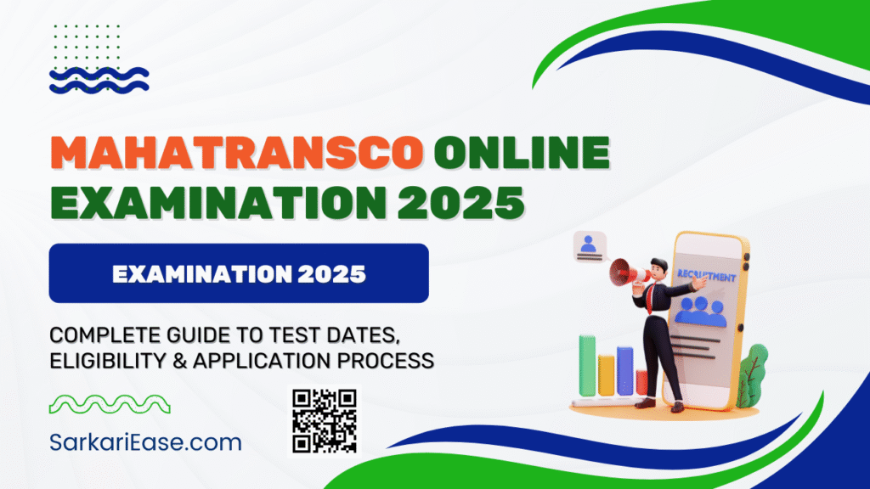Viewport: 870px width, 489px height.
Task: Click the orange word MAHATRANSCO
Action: pyautogui.click(x=238, y=153)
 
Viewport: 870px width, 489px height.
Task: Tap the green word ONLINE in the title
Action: pyautogui.click(x=523, y=153)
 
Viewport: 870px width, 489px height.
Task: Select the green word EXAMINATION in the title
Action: pyautogui.click(x=218, y=202)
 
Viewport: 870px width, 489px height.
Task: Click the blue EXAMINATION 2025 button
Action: pyautogui.click(x=239, y=273)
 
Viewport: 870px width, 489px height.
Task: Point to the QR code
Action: pyautogui.click(x=325, y=421)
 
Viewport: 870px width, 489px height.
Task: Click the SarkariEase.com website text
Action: pyautogui.click(x=145, y=442)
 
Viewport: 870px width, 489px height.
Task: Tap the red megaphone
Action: pyautogui.click(x=627, y=273)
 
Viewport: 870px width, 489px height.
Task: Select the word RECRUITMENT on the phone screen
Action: pyautogui.click(x=706, y=276)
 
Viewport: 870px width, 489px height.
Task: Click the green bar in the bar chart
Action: pyautogui.click(x=587, y=365)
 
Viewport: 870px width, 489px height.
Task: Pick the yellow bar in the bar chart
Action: pyautogui.click(x=606, y=375)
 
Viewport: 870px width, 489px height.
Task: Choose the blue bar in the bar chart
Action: pyautogui.click(x=624, y=371)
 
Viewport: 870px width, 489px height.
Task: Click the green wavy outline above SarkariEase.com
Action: pyautogui.click(x=110, y=404)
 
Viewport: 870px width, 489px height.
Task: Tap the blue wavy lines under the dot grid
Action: pyautogui.click(x=99, y=81)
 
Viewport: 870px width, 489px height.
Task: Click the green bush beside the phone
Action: pyautogui.click(x=753, y=374)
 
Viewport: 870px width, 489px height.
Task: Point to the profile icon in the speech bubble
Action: pyautogui.click(x=588, y=245)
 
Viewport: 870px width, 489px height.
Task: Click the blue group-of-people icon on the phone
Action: pyautogui.click(x=700, y=312)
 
